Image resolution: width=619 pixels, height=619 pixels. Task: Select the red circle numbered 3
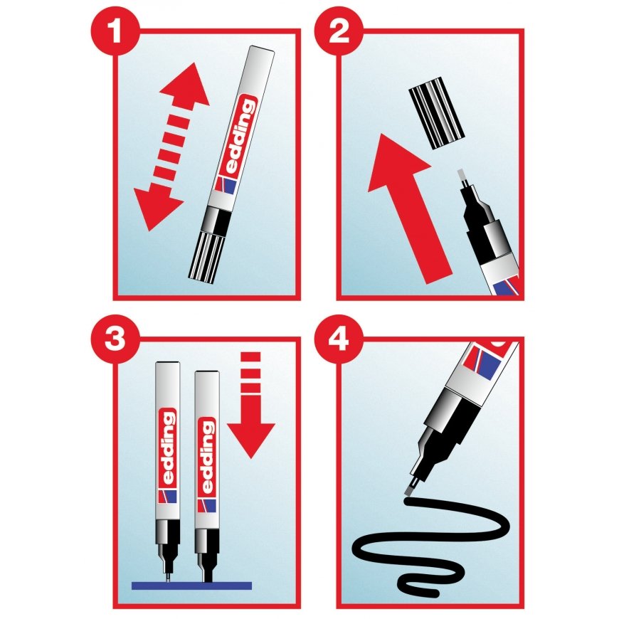pyautogui.click(x=115, y=339)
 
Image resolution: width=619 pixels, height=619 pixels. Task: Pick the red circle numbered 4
pyautogui.click(x=339, y=339)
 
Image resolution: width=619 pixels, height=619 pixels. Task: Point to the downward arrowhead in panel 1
pyautogui.click(x=157, y=207)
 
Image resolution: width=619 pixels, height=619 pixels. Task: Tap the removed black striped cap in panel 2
pyautogui.click(x=437, y=117)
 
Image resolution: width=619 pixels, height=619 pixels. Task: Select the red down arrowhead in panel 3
pyautogui.click(x=251, y=439)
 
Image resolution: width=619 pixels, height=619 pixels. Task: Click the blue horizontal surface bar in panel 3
pyautogui.click(x=191, y=586)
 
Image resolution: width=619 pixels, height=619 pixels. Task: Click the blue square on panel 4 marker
pyautogui.click(x=489, y=364)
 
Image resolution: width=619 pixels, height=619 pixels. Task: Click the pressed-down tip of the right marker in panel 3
pyautogui.click(x=207, y=574)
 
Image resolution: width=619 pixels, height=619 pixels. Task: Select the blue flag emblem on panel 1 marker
pyautogui.click(x=228, y=186)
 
